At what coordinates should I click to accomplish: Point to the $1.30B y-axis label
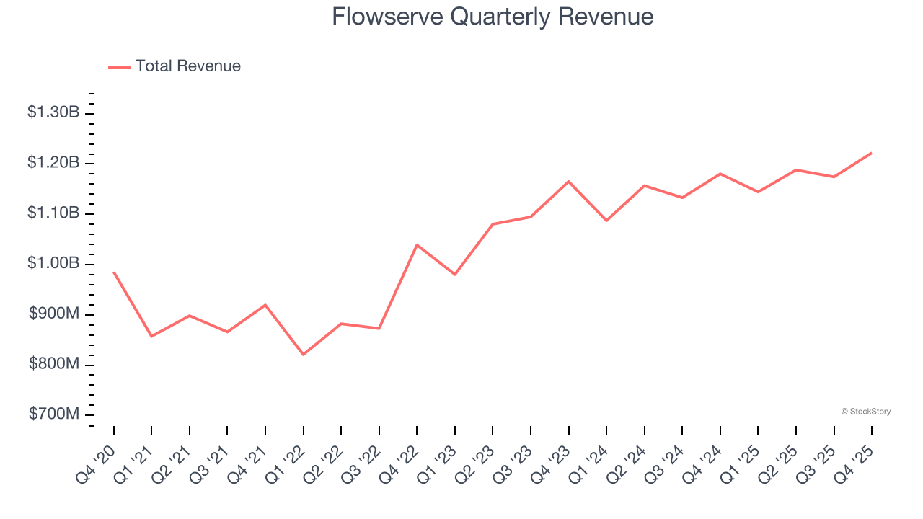coord(53,112)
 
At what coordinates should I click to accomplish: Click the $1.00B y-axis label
coord(53,264)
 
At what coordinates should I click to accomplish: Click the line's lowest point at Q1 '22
coord(304,355)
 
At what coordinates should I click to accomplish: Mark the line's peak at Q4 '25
coord(872,153)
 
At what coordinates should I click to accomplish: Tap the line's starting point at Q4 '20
coord(114,272)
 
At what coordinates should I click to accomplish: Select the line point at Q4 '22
coord(417,244)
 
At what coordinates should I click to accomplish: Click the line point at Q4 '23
coord(568,181)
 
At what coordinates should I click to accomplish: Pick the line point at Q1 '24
coord(606,221)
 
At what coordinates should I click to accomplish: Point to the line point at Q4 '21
coord(265,304)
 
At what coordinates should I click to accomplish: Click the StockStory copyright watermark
coord(865,412)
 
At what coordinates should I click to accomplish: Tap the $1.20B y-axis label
coord(53,163)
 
